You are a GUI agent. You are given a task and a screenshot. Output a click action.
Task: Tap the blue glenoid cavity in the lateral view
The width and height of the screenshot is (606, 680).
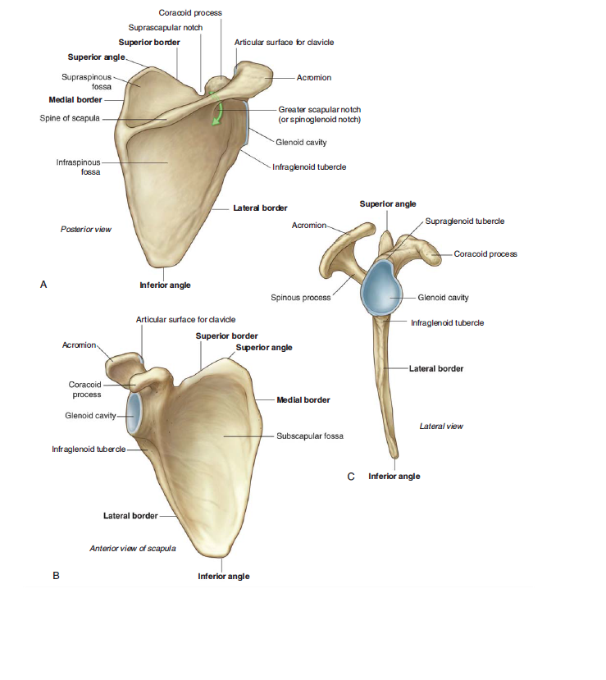[381, 288]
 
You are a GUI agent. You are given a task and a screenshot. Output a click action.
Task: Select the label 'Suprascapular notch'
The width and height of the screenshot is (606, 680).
[166, 28]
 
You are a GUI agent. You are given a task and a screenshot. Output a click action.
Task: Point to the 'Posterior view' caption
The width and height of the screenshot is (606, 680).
[86, 230]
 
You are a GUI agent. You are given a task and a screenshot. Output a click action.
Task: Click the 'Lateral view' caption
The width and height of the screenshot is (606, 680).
[441, 427]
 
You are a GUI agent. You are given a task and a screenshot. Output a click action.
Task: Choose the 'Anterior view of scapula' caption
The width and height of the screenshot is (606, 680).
[133, 549]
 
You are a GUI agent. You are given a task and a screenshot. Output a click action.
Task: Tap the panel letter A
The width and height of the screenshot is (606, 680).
[43, 285]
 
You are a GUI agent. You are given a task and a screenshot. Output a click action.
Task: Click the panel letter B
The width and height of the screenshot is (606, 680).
[56, 576]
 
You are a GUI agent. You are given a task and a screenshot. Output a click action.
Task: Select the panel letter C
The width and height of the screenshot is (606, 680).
[351, 477]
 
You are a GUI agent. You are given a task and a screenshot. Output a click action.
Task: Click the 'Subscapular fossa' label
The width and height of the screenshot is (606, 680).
[310, 436]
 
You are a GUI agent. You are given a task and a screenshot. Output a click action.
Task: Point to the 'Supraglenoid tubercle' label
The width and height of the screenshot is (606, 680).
[465, 221]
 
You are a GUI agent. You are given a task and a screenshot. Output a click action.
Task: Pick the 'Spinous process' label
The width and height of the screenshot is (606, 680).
[301, 298]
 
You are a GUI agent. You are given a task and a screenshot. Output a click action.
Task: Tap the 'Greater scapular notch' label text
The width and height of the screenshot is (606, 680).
[320, 110]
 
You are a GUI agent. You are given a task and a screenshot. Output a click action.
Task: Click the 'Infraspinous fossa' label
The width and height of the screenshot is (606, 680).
[79, 167]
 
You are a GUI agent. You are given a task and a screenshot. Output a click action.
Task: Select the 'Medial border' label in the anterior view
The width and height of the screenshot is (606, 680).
[303, 400]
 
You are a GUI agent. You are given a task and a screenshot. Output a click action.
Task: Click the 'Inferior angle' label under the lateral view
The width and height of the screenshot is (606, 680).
[394, 477]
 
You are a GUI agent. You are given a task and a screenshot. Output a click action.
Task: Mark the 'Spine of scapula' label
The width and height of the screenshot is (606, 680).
[70, 118]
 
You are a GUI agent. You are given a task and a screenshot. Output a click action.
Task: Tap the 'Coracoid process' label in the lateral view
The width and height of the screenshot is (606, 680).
[485, 254]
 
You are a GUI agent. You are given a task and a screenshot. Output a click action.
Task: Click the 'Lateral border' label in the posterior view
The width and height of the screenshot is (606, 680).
[260, 208]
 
